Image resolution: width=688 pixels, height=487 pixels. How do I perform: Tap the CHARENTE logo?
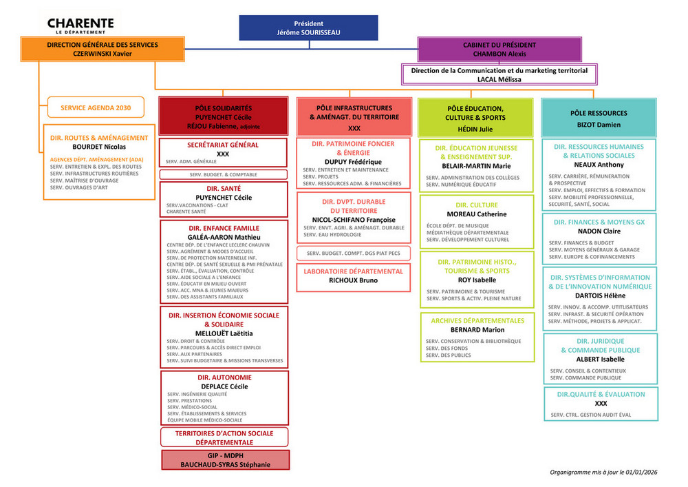point(81,25)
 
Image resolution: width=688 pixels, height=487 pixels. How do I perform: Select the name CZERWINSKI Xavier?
point(102,54)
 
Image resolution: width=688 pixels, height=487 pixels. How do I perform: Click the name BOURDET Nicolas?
point(99,147)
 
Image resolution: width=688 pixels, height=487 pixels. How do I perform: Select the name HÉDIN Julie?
point(476,129)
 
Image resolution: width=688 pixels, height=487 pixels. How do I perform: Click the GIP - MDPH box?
point(225,460)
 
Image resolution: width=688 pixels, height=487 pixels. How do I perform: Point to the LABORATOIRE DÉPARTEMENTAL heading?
point(354,271)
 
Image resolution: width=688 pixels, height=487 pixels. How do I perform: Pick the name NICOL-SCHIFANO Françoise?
point(354,220)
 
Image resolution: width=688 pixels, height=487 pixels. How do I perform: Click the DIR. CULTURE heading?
point(476,205)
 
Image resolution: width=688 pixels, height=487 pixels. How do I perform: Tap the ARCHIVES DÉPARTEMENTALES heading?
point(477,321)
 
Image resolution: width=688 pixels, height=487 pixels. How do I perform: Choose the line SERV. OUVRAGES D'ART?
point(79,187)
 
